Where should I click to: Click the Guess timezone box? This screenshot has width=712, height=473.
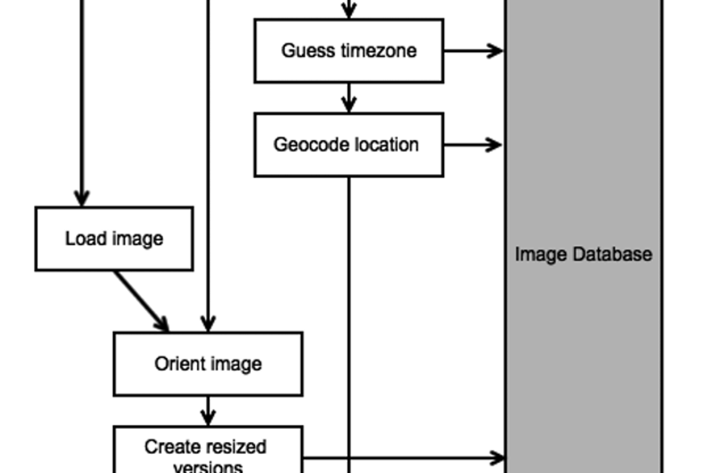tap(349, 51)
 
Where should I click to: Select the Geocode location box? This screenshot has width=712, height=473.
tap(349, 145)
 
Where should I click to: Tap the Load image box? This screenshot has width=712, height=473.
tap(114, 238)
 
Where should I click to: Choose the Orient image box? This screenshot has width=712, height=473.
tap(208, 364)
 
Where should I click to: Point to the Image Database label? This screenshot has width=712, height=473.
tap(583, 254)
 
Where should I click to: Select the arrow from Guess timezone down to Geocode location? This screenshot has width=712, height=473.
tap(349, 99)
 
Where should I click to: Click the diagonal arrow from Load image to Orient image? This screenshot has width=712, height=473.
tap(141, 301)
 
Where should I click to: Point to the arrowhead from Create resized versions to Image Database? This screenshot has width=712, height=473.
tap(497, 458)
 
